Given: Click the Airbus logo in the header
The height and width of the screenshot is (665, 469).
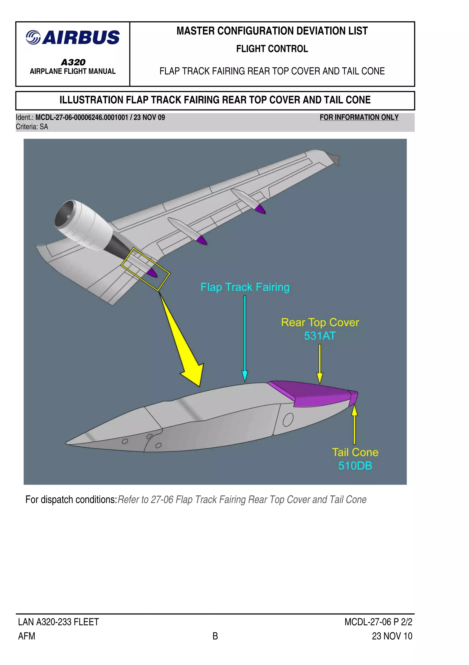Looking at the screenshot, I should (x=73, y=38).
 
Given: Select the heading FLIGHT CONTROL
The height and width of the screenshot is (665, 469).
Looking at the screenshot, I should (x=272, y=49).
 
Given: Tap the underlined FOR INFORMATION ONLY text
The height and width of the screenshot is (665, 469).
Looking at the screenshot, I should (x=359, y=117).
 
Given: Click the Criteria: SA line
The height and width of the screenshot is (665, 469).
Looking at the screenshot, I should (x=32, y=127).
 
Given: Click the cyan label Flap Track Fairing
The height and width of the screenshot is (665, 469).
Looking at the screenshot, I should (x=245, y=287).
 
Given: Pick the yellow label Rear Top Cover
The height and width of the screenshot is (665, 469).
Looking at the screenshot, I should (x=320, y=322).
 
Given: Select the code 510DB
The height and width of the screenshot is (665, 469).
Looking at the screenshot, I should (x=355, y=466).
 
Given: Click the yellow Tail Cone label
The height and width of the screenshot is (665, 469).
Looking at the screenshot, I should (x=355, y=452).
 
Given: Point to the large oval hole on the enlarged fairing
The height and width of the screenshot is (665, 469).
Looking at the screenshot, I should (x=288, y=420).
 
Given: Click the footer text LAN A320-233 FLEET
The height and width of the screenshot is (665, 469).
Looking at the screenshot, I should (x=58, y=622).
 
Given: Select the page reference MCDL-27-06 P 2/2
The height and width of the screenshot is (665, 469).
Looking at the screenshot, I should (x=378, y=622).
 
